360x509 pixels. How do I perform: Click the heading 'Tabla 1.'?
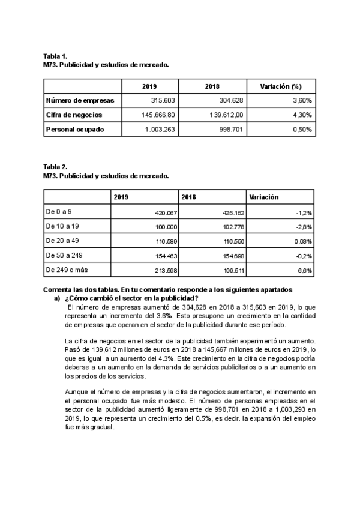tap(55, 56)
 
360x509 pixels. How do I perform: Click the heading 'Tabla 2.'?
tap(55, 167)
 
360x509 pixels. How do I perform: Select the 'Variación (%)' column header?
tap(280, 86)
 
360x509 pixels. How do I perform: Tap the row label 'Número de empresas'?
tap(80, 101)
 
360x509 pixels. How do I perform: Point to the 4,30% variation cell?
tap(301, 115)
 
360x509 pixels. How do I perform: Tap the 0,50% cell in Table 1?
tap(301, 129)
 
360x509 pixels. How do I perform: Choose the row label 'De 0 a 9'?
tap(59, 212)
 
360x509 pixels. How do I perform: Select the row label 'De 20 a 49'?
tap(62, 241)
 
